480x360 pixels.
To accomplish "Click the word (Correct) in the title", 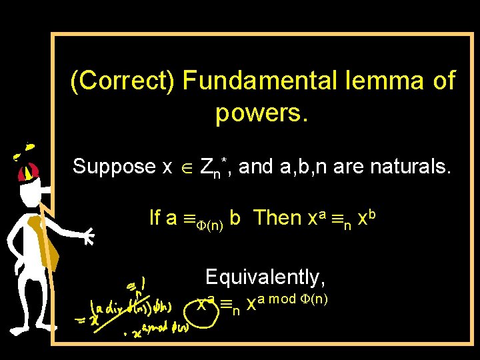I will coord(123,81).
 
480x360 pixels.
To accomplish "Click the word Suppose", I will coord(113,166).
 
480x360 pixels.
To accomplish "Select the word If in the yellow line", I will coord(155,217).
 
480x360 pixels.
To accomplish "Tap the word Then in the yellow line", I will coord(278,217).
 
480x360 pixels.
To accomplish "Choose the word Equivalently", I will coord(265,276).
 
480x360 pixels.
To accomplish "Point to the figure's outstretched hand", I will coord(86,235).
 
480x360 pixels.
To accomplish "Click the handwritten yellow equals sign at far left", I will coord(84,321).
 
